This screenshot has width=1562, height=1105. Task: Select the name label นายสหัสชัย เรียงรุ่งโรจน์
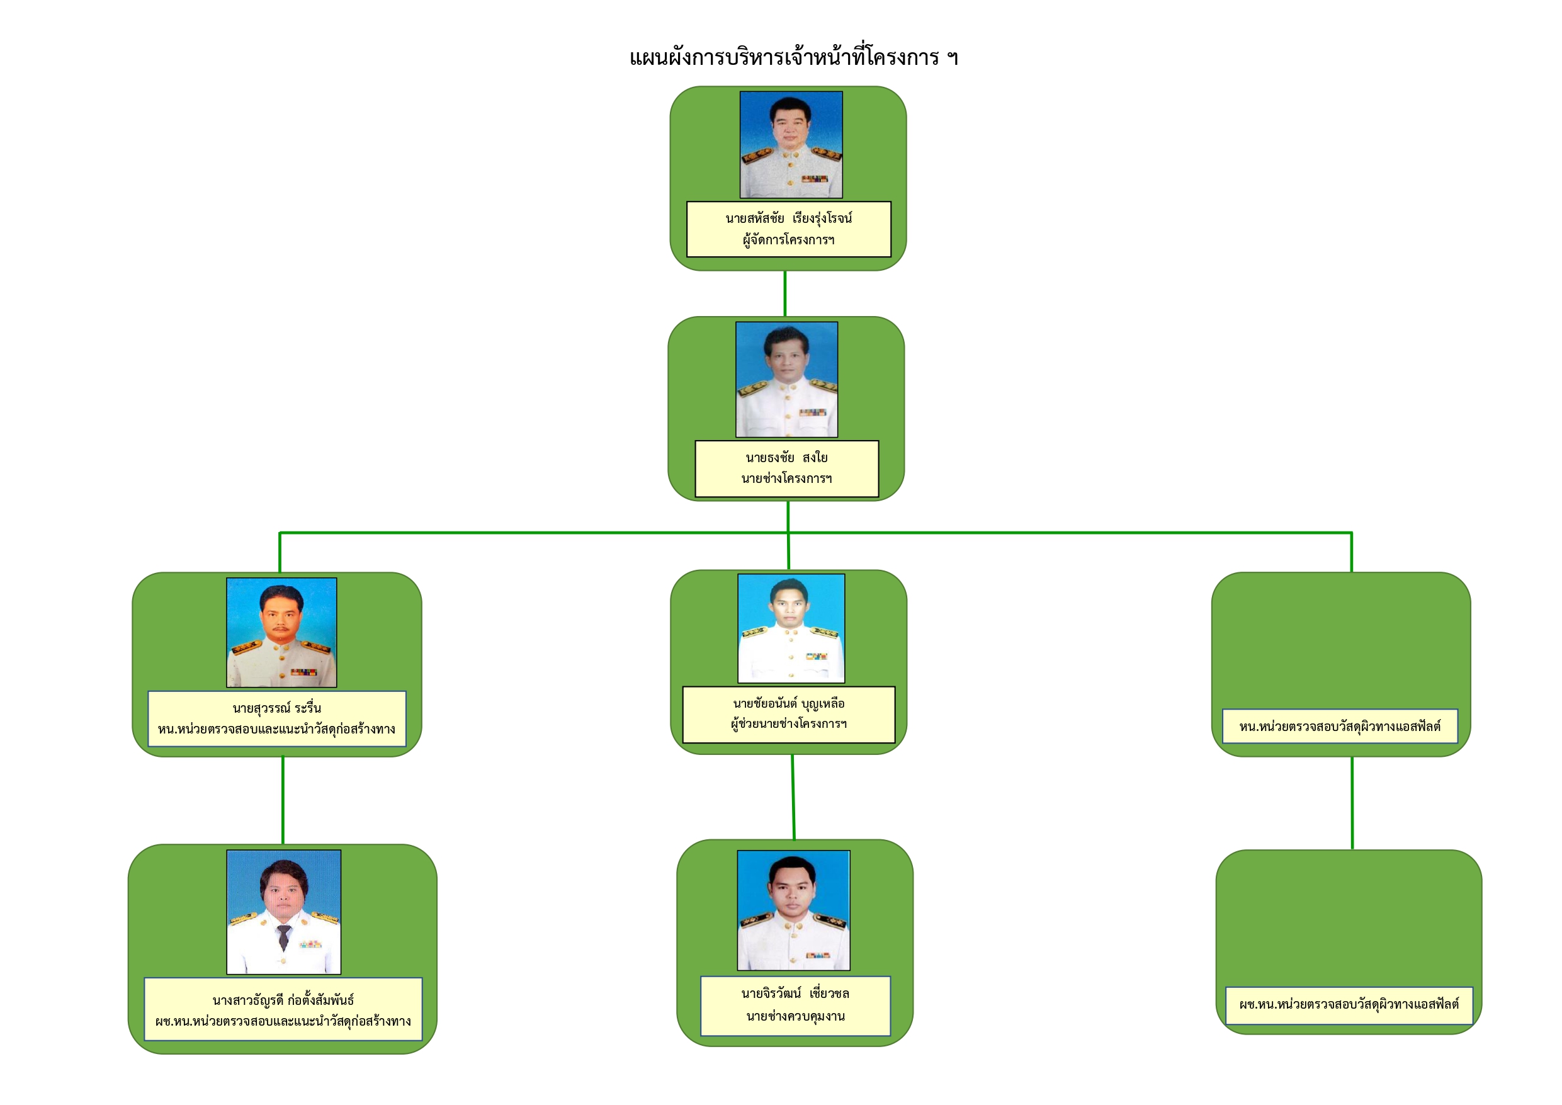click(x=788, y=218)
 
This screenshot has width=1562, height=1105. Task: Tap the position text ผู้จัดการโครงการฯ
click(x=788, y=239)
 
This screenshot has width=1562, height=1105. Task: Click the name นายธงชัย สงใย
click(x=786, y=457)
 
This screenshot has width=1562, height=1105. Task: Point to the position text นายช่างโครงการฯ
click(x=786, y=479)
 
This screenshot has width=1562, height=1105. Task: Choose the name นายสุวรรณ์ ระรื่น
click(x=277, y=708)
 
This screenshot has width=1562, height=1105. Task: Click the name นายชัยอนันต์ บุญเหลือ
click(x=789, y=703)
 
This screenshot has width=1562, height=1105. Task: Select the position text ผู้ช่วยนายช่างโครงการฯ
click(x=789, y=724)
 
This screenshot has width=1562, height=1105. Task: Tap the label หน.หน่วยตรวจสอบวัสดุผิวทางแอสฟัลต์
click(x=1340, y=727)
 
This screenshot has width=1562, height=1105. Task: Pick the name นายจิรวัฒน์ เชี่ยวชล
click(x=795, y=994)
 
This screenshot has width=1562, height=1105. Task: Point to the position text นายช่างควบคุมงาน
click(x=795, y=1016)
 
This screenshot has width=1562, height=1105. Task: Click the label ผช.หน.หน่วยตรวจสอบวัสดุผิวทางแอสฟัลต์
click(x=1349, y=1004)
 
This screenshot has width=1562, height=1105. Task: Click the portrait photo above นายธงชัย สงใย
click(x=786, y=379)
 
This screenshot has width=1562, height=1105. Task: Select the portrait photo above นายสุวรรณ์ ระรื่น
click(x=281, y=632)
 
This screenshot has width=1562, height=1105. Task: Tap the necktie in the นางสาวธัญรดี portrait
click(x=284, y=937)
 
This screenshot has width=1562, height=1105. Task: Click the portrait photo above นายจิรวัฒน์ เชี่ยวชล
click(x=793, y=910)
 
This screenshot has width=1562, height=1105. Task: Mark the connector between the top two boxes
click(x=785, y=293)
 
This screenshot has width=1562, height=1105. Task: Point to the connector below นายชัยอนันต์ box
click(x=793, y=796)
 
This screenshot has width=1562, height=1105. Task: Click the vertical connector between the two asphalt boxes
click(x=1352, y=803)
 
